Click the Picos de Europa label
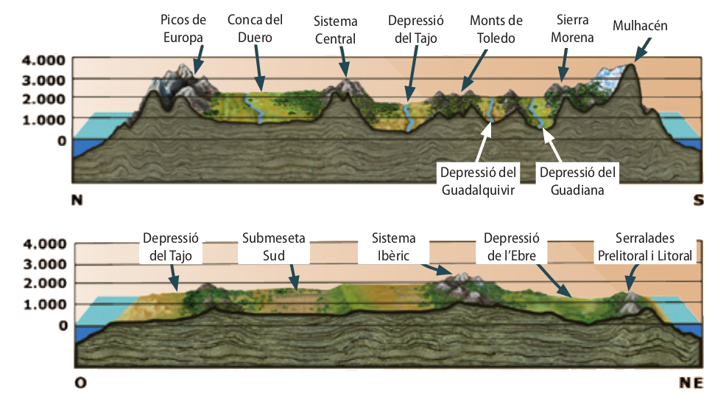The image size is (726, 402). click(x=183, y=28)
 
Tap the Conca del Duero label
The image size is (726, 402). click(x=255, y=28)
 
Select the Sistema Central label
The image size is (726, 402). click(x=335, y=30)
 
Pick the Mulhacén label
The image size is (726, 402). click(x=640, y=26)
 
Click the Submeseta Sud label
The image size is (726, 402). click(x=274, y=247)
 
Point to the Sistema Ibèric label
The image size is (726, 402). click(x=393, y=247)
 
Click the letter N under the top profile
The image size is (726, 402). click(x=75, y=200)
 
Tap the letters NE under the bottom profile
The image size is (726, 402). click(x=691, y=383)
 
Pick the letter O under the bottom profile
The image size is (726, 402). click(x=80, y=383)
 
